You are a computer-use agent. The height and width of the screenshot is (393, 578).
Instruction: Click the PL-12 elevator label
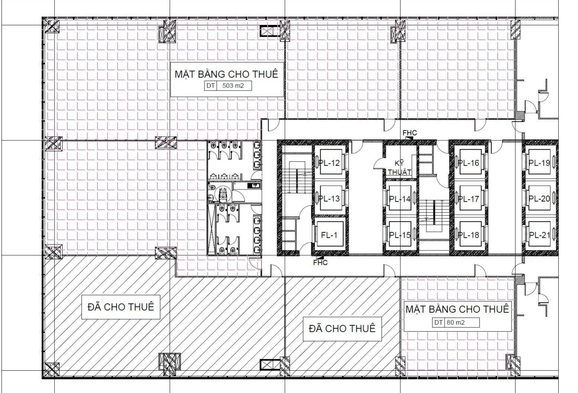[x=329, y=163]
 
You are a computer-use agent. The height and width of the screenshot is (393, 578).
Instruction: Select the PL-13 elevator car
[x=330, y=199]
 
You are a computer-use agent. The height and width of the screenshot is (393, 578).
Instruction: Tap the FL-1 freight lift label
[x=329, y=235]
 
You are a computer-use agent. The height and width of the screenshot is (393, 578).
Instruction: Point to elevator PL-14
[x=400, y=199]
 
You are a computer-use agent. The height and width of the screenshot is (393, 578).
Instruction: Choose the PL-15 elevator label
[x=400, y=235]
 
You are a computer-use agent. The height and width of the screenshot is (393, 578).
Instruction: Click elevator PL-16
[x=469, y=163]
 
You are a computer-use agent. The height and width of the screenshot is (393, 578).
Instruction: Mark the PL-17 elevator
[x=469, y=199]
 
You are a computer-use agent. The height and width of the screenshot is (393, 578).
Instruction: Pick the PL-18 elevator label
[x=469, y=235]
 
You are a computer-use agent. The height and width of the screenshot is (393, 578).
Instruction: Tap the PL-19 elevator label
[x=539, y=163]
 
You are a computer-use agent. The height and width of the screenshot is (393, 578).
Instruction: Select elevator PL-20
[x=539, y=199]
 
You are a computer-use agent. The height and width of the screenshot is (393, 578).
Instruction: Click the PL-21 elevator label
[x=539, y=235]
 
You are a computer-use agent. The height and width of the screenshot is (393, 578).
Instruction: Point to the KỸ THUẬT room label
[x=399, y=168]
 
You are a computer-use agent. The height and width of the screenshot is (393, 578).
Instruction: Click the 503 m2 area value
[x=233, y=85]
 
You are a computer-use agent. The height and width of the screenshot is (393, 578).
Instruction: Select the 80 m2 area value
[x=456, y=322]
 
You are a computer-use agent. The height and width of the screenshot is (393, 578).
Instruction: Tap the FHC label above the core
[x=410, y=133]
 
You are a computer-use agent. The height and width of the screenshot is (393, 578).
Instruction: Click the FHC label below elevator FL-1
[x=320, y=263]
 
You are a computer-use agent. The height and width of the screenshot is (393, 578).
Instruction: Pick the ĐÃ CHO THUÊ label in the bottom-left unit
[x=121, y=307]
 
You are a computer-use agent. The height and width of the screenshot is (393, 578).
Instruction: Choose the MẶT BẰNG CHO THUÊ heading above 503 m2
[x=226, y=74]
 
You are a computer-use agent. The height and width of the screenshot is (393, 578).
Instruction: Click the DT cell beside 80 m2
[x=439, y=322]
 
